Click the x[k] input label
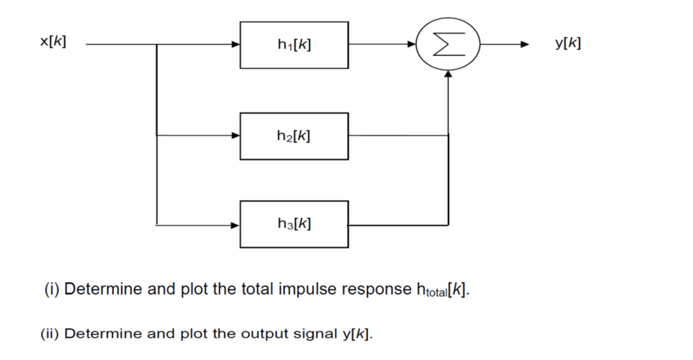(x=53, y=42)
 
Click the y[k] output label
(x=568, y=43)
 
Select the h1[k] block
(x=294, y=45)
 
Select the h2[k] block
(x=294, y=136)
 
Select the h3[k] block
(x=294, y=224)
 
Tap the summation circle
(x=448, y=44)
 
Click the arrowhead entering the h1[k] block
(x=236, y=44)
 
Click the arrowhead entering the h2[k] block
(x=236, y=136)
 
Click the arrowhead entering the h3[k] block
(x=236, y=225)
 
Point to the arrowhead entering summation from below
(x=448, y=73)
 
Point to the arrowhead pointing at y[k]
(x=525, y=44)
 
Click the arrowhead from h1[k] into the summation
(x=413, y=44)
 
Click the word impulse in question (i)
(x=308, y=289)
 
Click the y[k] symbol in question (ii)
(x=357, y=333)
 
